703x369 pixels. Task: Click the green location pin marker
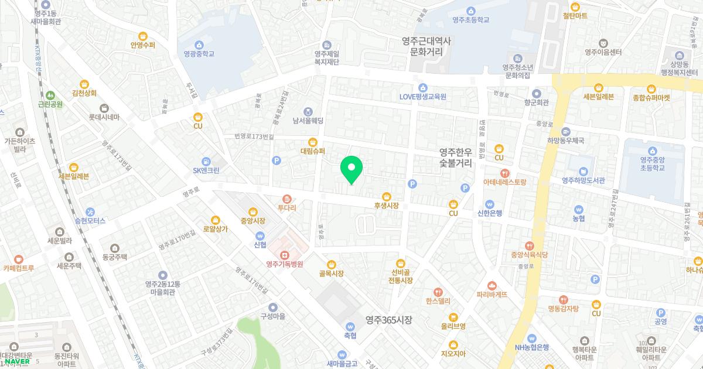point(351,169)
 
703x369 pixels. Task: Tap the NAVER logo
point(17,361)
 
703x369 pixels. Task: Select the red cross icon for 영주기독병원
point(284,255)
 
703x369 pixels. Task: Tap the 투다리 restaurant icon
point(286,199)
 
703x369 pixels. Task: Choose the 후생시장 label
point(386,206)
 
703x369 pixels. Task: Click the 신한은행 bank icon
point(490,202)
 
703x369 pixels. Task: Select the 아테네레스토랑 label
point(504,182)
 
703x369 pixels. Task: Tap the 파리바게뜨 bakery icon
point(492,285)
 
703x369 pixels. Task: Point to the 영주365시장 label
point(389,320)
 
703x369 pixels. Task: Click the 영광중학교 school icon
point(199,45)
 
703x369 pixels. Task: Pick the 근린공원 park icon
point(50,95)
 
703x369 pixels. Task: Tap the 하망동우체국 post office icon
point(566,131)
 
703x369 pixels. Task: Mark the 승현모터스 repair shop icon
point(90,211)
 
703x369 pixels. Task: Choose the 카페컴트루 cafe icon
point(18,259)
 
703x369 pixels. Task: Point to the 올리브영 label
point(453,326)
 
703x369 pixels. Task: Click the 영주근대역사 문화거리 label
point(426,46)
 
